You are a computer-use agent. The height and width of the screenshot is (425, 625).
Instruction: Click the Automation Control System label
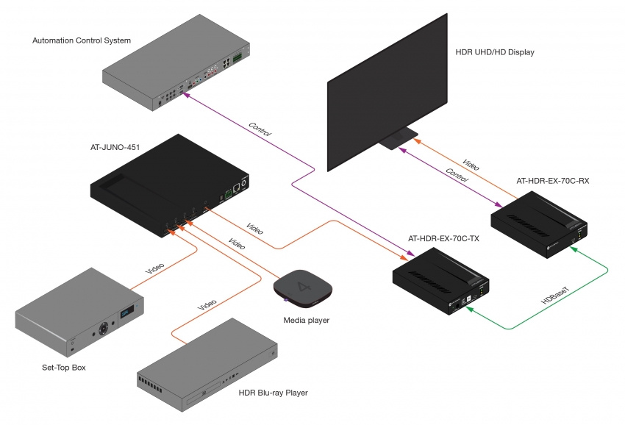82,40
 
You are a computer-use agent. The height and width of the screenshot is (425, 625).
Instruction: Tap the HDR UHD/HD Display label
495,52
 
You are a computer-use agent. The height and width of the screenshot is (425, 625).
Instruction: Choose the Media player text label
307,320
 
